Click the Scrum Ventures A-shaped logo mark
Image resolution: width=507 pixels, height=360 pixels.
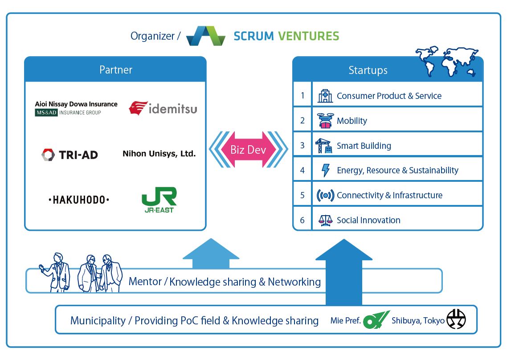(206, 36)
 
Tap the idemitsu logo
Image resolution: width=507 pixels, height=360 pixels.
(163, 108)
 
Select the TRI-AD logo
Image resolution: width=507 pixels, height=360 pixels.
(70, 155)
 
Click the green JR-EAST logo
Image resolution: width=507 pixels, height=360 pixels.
(159, 200)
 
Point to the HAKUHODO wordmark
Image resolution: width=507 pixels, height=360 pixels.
(78, 200)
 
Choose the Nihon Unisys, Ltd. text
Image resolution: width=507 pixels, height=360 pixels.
(159, 154)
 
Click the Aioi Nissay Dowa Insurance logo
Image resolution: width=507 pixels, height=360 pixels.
(76, 108)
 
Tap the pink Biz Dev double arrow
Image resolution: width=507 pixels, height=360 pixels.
(248, 149)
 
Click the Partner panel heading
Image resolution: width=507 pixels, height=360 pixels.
(116, 70)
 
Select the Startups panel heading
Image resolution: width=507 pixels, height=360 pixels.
(368, 70)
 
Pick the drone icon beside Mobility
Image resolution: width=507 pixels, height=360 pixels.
(325, 121)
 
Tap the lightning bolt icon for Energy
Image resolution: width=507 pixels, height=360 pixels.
(326, 170)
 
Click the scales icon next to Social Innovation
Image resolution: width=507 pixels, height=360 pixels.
(325, 220)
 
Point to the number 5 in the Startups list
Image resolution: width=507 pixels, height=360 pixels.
(303, 195)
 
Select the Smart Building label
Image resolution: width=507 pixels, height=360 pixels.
(364, 146)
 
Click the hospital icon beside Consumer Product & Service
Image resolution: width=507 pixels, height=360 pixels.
(325, 96)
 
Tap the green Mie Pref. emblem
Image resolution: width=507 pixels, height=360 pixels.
(376, 319)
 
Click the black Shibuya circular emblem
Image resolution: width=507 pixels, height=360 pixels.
(456, 319)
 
